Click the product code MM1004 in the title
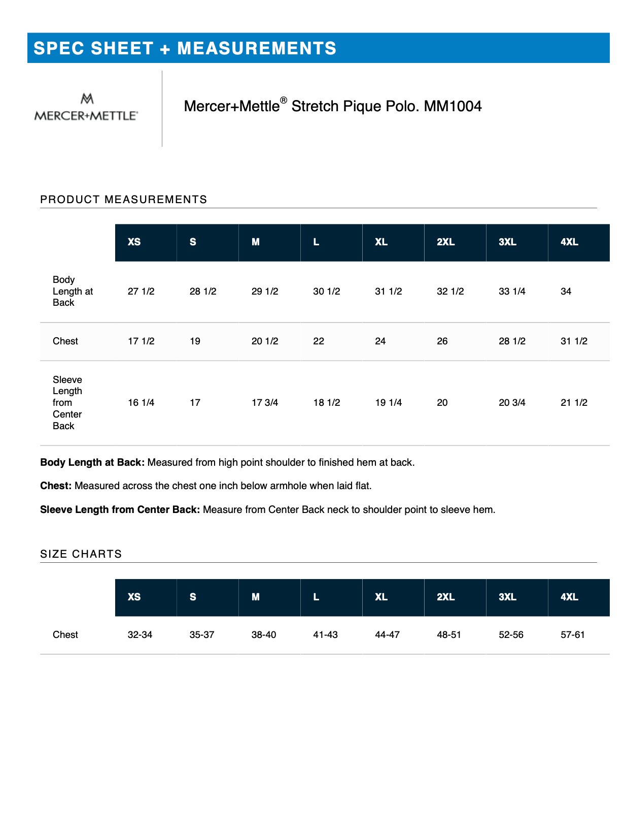point(453,106)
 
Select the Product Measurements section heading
point(124,200)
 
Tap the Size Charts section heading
point(81,554)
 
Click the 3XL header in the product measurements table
point(507,242)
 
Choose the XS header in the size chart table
point(134,597)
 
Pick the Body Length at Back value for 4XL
point(566,292)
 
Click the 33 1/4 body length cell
point(512,292)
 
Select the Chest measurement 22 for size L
point(319,341)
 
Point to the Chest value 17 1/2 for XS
point(141,341)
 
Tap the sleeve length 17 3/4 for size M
point(265,403)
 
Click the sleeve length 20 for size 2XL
point(442,403)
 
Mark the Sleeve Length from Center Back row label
point(67,403)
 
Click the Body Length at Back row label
point(73,292)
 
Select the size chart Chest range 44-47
point(387,635)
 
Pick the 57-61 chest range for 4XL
point(573,635)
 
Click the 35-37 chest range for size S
point(202,635)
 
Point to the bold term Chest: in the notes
point(56,486)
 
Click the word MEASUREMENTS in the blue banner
point(257,49)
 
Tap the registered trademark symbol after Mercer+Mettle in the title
point(284,100)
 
